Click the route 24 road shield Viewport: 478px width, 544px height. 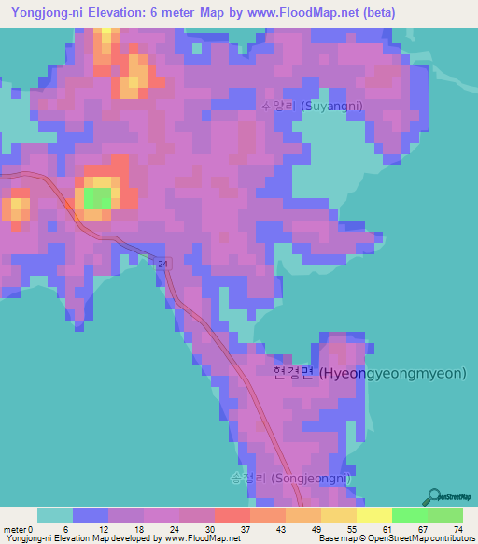pos(163,265)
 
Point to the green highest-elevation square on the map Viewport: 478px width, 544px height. pos(97,197)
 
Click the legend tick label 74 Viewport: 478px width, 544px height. pos(457,528)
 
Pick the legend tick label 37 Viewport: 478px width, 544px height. pos(246,528)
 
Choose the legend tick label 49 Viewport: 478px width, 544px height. pos(316,528)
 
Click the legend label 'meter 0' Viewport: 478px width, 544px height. pos(19,528)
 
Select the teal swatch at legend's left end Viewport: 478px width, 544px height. pos(54,515)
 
